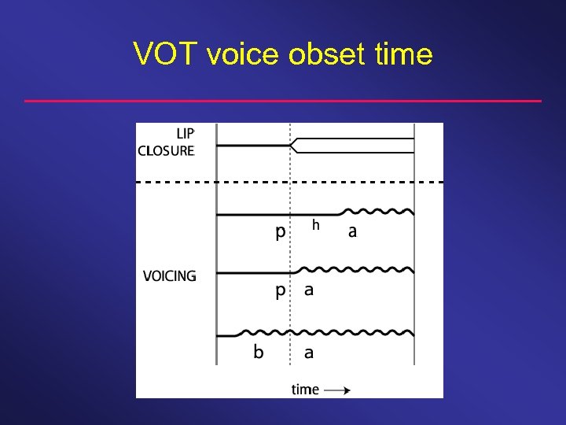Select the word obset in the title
pyautogui.click(x=324, y=54)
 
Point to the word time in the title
pyautogui.click(x=401, y=54)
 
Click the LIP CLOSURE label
pyautogui.click(x=167, y=143)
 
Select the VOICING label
pyautogui.click(x=169, y=275)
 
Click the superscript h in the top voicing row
pyautogui.click(x=315, y=225)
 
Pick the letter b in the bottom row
pyautogui.click(x=259, y=351)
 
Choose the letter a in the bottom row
pyautogui.click(x=309, y=352)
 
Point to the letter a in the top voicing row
pyautogui.click(x=352, y=232)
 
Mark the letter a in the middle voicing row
pyautogui.click(x=309, y=290)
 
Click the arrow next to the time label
pyautogui.click(x=336, y=390)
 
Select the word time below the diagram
pyautogui.click(x=305, y=389)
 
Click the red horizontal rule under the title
pyautogui.click(x=283, y=101)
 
